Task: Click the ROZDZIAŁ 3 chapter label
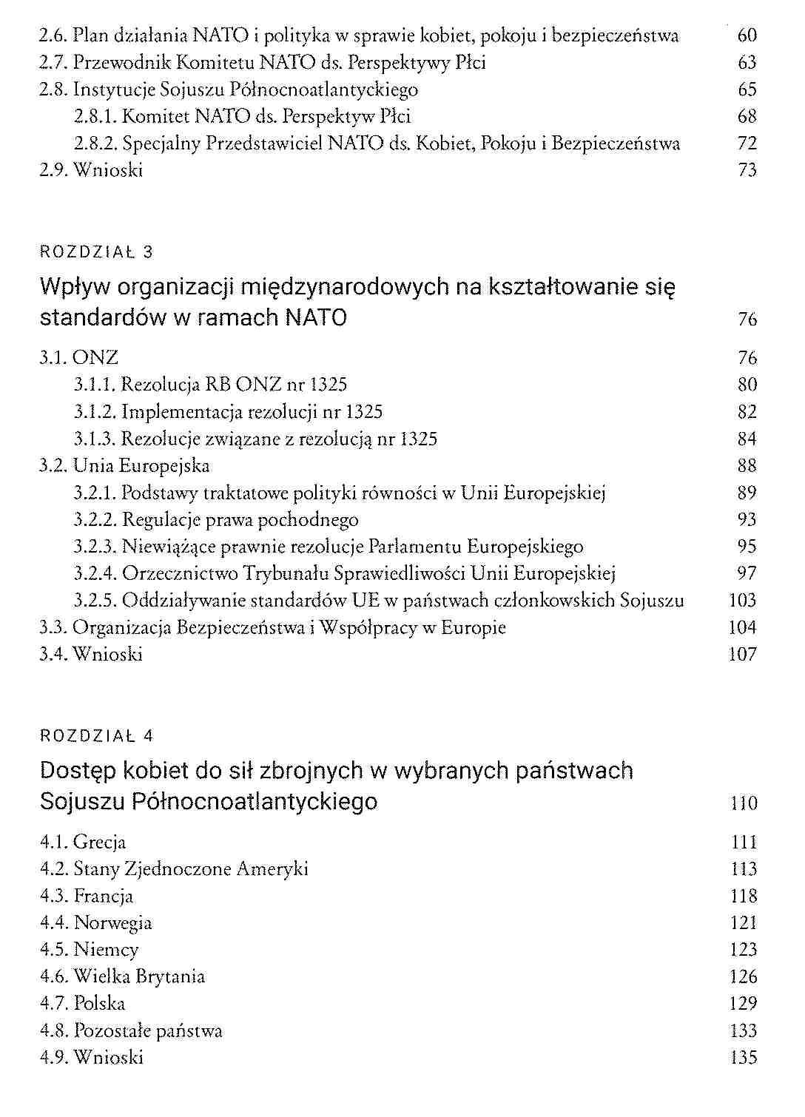pos(96,252)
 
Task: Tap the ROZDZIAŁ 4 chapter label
pos(96,736)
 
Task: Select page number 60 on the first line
pos(747,36)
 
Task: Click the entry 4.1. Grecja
pos(83,843)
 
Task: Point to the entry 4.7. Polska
pos(83,1004)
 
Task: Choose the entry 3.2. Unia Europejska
pos(124,466)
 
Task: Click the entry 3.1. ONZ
pos(79,358)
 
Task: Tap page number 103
pos(742,601)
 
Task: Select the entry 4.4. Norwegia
pos(95,923)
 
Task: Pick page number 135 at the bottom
pos(743,1058)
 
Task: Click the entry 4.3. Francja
pos(87,897)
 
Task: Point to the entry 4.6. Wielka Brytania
pos(122,977)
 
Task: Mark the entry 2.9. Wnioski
pos(91,171)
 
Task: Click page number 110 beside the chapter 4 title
pos(744,803)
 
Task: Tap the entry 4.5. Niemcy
pos(90,950)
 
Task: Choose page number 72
pos(747,144)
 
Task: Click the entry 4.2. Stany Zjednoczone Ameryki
pos(174,869)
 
